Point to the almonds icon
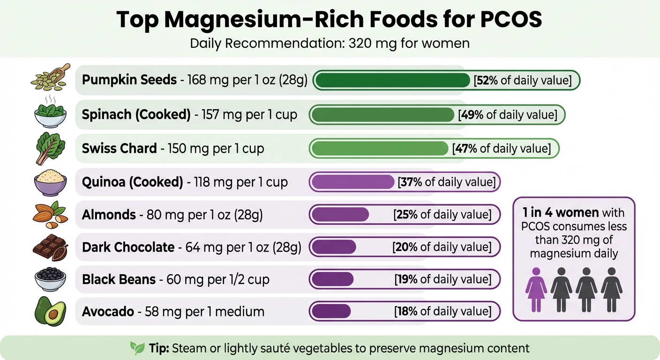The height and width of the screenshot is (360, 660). tap(50, 214)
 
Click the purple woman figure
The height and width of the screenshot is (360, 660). tap(535, 289)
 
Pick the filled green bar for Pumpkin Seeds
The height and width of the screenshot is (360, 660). tap(392, 80)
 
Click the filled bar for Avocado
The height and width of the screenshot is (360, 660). tap(331, 311)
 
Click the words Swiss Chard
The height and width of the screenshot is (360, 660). tap(119, 149)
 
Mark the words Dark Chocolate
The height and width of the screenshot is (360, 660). tap(128, 247)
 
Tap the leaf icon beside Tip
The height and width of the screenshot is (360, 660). tap(137, 348)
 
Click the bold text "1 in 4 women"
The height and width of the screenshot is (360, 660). tap(561, 212)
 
